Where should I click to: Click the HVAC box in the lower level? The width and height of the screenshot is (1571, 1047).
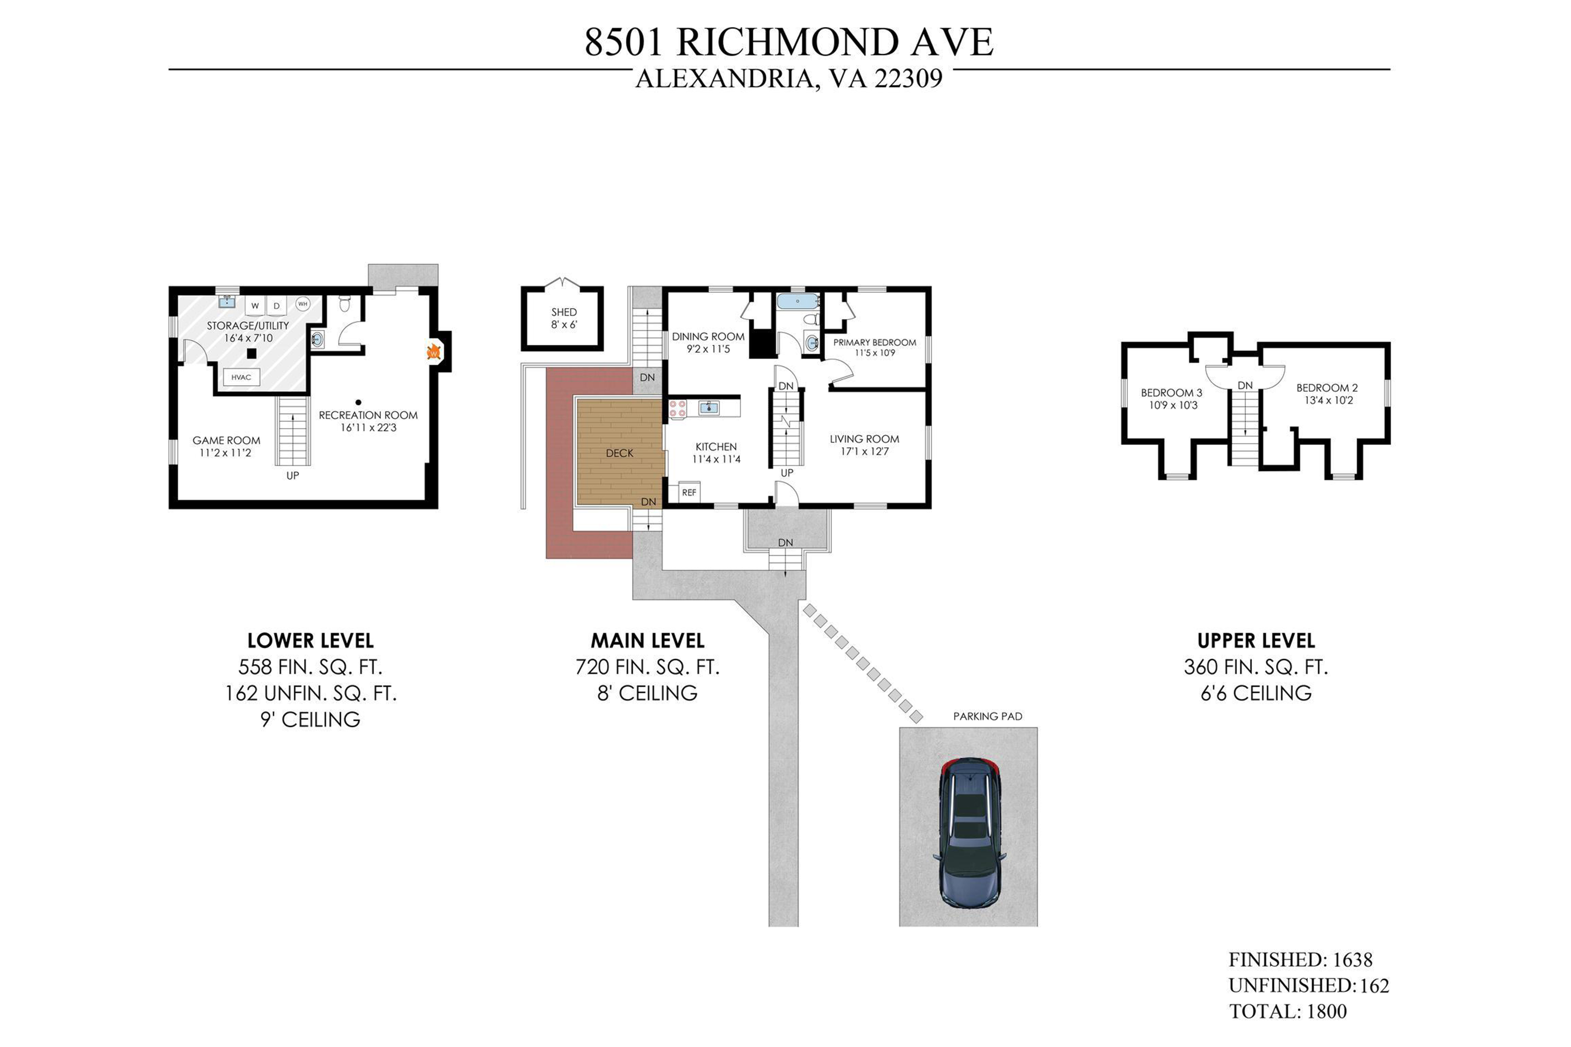coord(241,377)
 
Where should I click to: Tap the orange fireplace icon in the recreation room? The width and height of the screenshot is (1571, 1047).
coord(433,351)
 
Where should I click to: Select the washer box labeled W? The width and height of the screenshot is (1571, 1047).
coord(254,306)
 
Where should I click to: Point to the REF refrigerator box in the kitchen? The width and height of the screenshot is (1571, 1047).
coord(689,492)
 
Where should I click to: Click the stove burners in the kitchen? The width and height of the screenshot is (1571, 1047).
coord(677,409)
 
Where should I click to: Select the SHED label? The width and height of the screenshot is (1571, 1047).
coord(564,312)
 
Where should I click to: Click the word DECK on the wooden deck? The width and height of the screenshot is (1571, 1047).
coord(619,453)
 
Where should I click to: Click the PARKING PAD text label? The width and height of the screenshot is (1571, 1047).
coord(987,716)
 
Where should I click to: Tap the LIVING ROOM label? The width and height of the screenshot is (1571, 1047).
coord(864,439)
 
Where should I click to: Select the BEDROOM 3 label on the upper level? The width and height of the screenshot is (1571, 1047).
coord(1172,393)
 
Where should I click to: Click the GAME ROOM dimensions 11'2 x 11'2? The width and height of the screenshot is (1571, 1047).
coord(226,453)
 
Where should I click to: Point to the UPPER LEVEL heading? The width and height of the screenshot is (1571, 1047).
coord(1256,641)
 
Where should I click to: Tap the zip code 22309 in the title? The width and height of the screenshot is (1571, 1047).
coord(909,79)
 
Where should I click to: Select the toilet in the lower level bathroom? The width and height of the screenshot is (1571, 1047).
coord(345,305)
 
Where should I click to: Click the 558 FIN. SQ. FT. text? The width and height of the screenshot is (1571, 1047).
coord(310,667)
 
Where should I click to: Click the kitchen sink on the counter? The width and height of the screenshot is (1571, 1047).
coord(709,407)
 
